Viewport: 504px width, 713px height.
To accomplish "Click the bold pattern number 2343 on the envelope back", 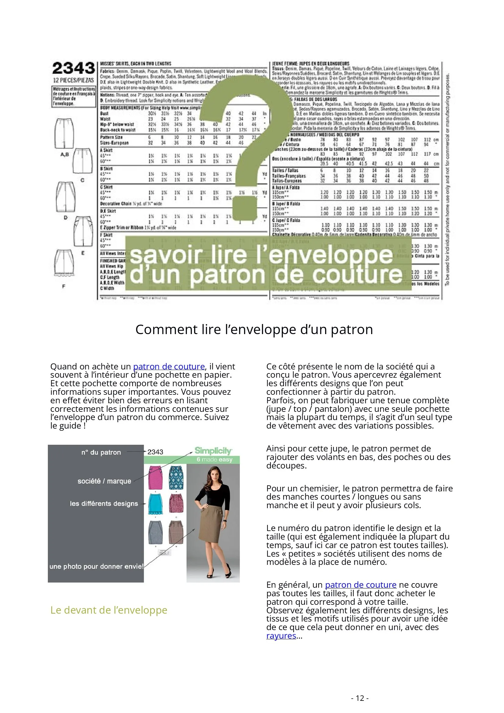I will pos(73,68).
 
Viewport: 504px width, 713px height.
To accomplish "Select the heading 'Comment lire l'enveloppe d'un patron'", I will pos(254,330).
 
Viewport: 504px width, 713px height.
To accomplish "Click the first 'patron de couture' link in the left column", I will pos(169,366).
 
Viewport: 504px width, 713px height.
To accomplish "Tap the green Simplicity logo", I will pos(213,451).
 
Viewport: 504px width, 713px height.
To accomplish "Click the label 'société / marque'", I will pos(104,481).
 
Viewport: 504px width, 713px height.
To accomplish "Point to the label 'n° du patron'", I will pos(101,452).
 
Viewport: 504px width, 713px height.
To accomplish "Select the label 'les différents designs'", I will pos(104,503).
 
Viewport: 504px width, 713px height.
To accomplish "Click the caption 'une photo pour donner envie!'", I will pos(96,566).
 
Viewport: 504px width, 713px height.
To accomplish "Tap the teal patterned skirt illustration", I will pos(176,477).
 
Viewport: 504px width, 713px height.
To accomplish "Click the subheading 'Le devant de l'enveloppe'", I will pos(108,610).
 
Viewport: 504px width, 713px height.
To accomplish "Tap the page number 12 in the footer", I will pos(360,698).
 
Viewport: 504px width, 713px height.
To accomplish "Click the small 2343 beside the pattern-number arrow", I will pos(155,452).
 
